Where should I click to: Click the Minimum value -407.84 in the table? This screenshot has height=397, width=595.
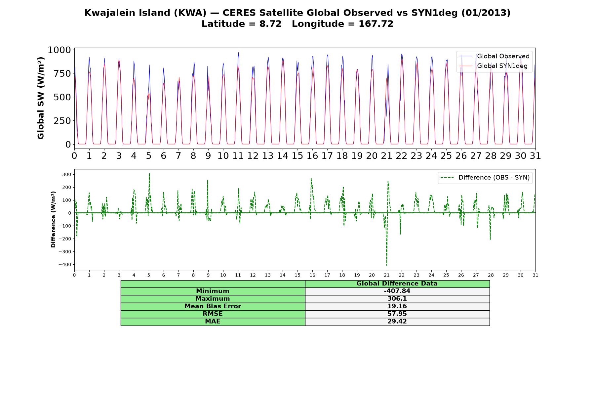[x=397, y=291]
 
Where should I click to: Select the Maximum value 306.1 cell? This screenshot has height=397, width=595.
[x=397, y=299]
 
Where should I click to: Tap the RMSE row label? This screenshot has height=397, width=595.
[x=213, y=314]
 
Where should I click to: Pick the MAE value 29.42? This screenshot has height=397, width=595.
[x=397, y=322]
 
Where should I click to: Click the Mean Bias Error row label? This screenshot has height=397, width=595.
[x=213, y=306]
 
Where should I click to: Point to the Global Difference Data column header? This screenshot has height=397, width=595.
[x=397, y=284]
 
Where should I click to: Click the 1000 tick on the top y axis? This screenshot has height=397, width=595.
[x=59, y=50]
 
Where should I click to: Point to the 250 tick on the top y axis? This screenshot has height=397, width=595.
[x=62, y=121]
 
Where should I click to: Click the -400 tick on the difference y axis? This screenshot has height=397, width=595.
[x=65, y=265]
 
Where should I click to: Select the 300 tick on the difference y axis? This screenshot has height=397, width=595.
[x=67, y=174]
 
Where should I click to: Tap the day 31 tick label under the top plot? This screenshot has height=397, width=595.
[x=535, y=156]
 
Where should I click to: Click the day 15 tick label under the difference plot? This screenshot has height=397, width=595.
[x=297, y=275]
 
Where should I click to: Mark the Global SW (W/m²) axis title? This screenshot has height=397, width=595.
[x=41, y=98]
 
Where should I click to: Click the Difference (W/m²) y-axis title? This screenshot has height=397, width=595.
[x=53, y=219]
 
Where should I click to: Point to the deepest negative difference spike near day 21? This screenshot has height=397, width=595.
[x=386, y=265]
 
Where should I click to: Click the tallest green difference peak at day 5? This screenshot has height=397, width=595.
[x=149, y=174]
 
